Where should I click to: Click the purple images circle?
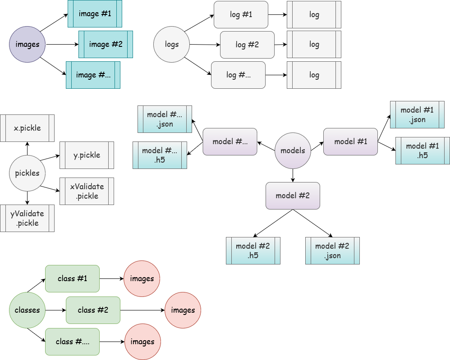click(x=28, y=44)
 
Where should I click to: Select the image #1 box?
click(x=95, y=14)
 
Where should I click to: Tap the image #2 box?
click(x=106, y=44)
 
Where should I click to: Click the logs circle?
click(x=172, y=44)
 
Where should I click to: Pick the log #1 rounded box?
click(x=241, y=14)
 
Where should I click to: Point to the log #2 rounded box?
click(x=247, y=45)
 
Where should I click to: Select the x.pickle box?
click(x=27, y=128)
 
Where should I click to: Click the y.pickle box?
click(x=87, y=155)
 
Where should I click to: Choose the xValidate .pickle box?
click(x=87, y=191)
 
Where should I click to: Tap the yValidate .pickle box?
click(x=27, y=218)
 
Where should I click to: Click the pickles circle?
click(x=28, y=173)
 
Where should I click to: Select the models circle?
click(x=293, y=150)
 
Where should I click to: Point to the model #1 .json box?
click(x=417, y=115)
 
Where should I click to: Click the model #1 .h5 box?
click(x=422, y=150)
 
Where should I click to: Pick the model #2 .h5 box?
click(x=253, y=251)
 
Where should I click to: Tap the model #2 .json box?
click(x=332, y=251)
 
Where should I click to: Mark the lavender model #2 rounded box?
click(x=293, y=196)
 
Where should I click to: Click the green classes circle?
click(x=28, y=310)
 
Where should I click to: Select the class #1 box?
click(x=72, y=278)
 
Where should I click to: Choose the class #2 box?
click(x=93, y=310)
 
